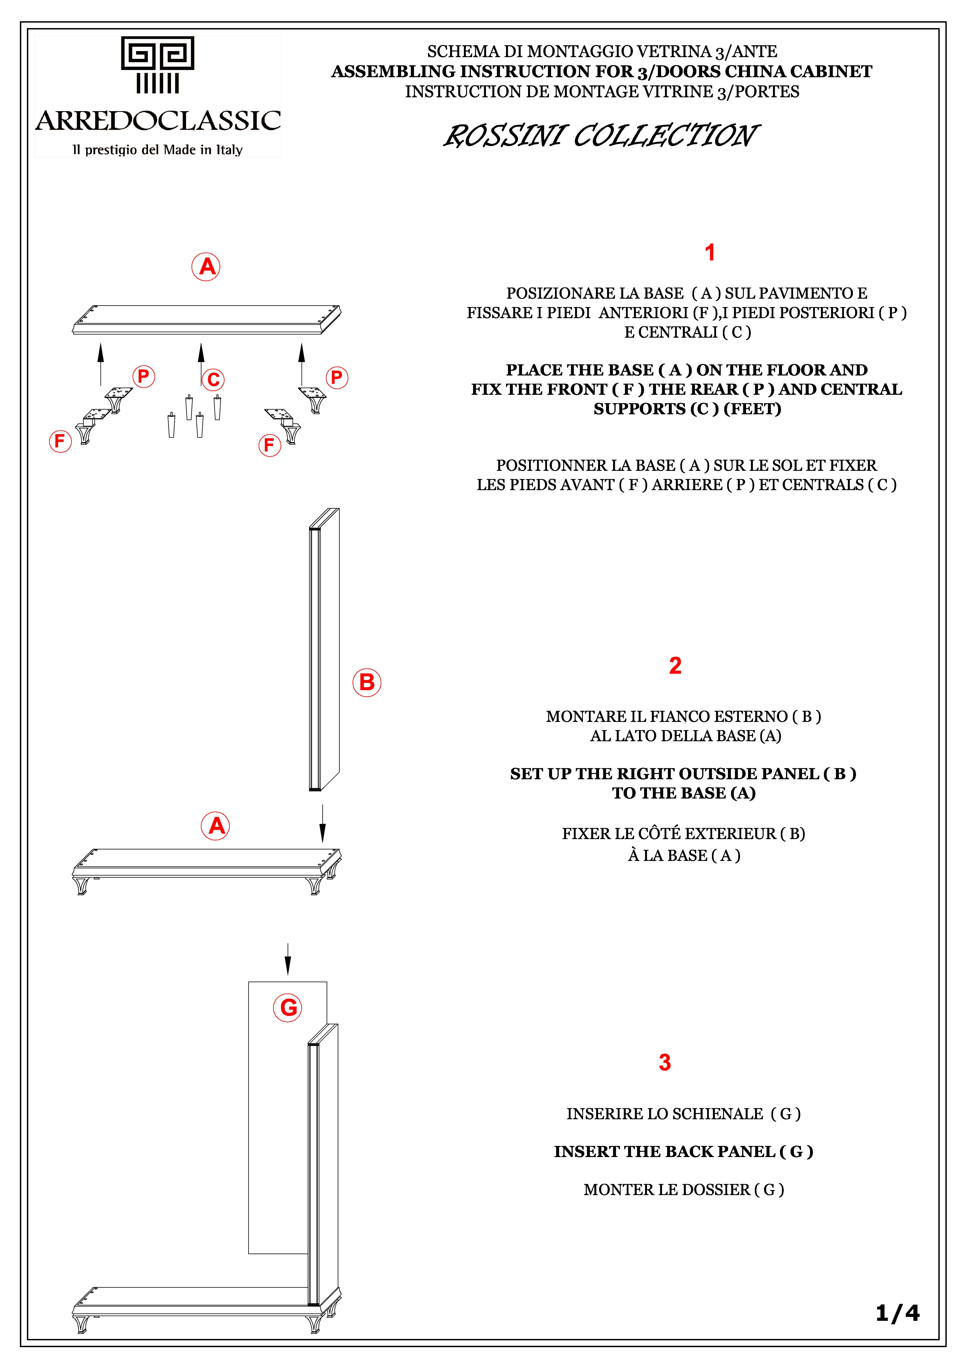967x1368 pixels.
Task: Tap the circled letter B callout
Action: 367,682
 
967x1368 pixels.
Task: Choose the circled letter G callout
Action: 288,1008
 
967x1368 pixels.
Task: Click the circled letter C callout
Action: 213,380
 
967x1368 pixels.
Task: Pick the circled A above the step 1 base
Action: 206,266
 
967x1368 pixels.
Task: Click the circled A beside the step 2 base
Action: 216,826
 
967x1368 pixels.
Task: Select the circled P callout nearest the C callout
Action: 144,377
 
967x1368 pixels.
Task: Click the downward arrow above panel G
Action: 288,958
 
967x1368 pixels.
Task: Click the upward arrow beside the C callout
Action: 201,363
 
